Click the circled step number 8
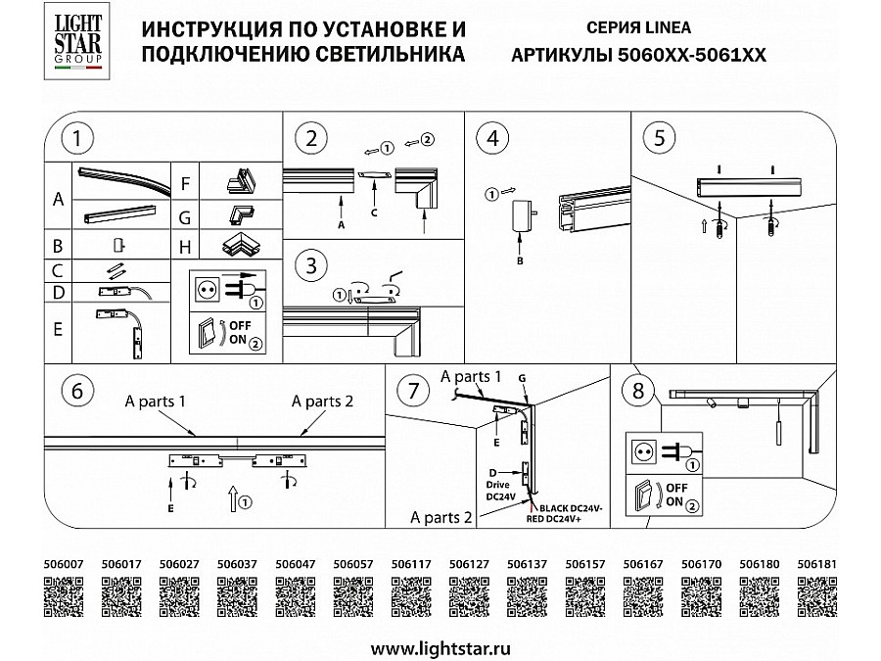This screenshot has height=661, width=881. pyautogui.click(x=638, y=391)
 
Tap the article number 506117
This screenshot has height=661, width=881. pyautogui.click(x=410, y=564)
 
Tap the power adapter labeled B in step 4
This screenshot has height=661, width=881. pyautogui.click(x=518, y=215)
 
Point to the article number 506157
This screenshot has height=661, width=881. pyautogui.click(x=586, y=564)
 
